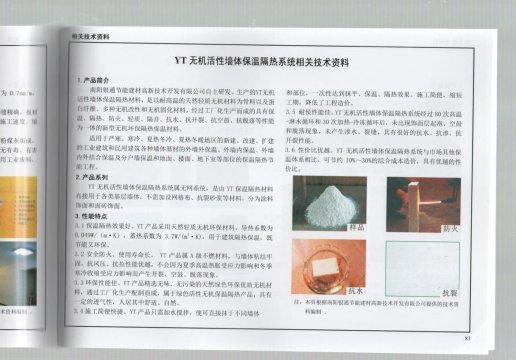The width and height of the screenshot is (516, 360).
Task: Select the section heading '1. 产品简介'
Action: [98, 79]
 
